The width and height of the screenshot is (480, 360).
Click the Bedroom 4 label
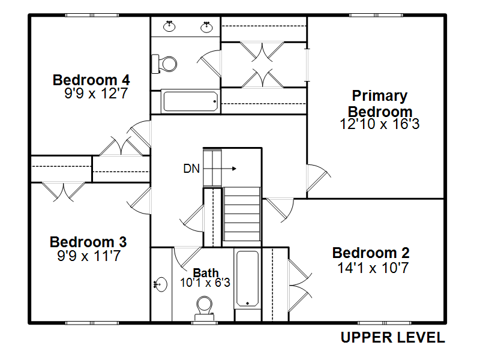(91, 80)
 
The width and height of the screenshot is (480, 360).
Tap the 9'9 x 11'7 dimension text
(88, 256)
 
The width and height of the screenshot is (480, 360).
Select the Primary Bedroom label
(380, 103)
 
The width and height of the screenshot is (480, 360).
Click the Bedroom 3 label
(88, 242)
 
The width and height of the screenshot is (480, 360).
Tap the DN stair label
(191, 169)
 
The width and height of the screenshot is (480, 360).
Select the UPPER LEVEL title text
(393, 338)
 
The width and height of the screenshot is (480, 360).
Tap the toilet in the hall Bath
(205, 305)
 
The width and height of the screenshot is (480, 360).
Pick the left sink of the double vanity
(169, 26)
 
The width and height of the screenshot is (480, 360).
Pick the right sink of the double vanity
(208, 26)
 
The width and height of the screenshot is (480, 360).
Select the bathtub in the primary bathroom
(190, 101)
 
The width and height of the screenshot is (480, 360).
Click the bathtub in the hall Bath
(247, 279)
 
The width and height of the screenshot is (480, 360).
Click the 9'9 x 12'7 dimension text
(96, 94)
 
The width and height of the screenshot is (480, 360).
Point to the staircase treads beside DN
(242, 213)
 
